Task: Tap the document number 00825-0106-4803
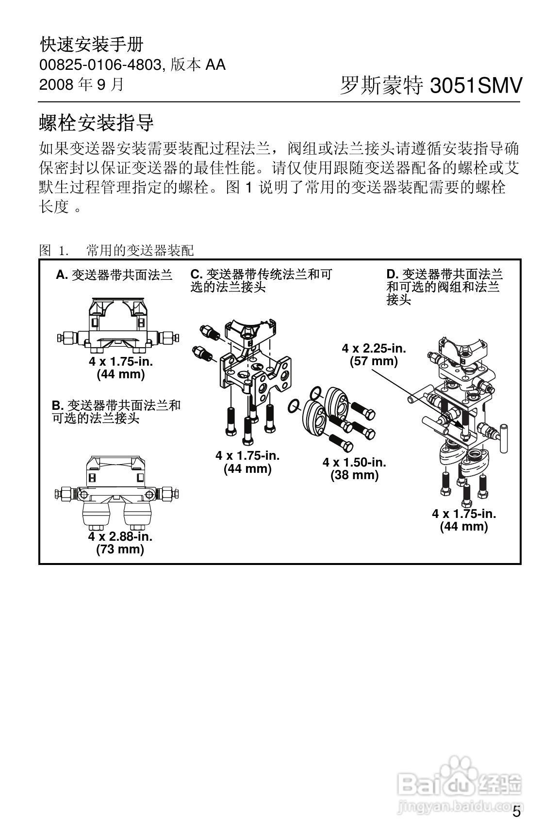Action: pos(99,65)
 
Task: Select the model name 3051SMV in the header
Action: pos(476,86)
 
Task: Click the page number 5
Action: pos(517,812)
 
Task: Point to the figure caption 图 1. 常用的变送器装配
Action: pos(116,251)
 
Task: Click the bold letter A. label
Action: pos(62,275)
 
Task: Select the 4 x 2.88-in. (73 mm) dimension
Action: pos(120,543)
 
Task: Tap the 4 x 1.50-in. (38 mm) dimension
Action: pos(354,468)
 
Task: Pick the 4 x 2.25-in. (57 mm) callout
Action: pos(374,355)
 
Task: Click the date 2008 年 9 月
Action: pos(82,85)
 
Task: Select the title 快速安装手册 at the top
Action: pos(92,45)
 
